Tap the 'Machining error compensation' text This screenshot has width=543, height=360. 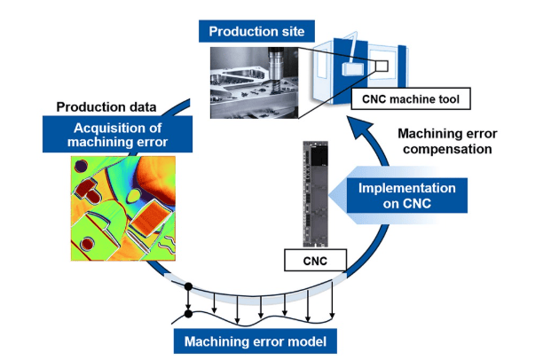click(x=443, y=142)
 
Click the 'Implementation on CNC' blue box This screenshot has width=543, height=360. click(x=406, y=197)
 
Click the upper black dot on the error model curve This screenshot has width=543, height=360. click(x=187, y=287)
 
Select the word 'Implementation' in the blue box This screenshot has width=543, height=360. click(x=407, y=188)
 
